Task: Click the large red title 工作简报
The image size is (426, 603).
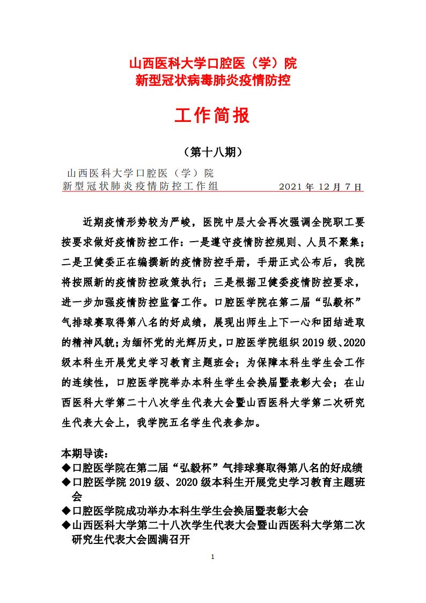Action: pos(213,115)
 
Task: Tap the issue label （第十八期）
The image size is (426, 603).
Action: pos(213,152)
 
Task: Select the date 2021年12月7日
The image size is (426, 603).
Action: pos(321,187)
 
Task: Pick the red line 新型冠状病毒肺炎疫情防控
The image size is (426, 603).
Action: pos(213,81)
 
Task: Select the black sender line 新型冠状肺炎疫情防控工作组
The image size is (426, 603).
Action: pos(140,187)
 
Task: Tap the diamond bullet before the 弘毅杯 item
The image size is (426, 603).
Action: pos(66,467)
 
